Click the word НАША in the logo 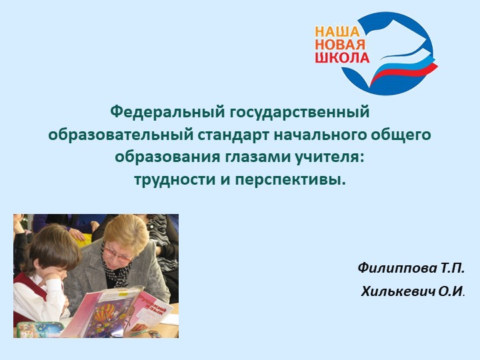point(337,31)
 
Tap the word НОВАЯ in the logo point(339,44)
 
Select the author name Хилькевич point(393,291)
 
